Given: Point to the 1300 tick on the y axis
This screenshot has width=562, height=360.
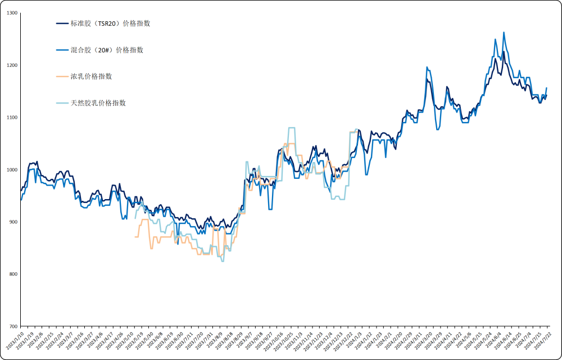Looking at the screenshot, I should (x=11, y=13).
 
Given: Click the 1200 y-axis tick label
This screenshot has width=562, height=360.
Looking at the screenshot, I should (x=11, y=65).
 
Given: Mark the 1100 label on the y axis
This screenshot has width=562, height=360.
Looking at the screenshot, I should (x=11, y=118).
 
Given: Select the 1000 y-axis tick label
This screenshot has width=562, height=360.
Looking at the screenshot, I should (x=11, y=170).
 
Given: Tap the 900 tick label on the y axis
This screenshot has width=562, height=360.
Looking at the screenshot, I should (x=12, y=222).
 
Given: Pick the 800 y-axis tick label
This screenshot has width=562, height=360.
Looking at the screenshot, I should (x=12, y=274).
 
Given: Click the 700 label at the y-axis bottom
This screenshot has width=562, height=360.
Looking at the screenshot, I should (x=12, y=326).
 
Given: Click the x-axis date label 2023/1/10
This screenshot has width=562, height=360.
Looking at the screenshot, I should (x=13, y=341).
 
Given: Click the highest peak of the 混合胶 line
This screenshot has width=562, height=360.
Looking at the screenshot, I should (x=504, y=33).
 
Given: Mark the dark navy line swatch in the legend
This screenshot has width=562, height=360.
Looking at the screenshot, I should (x=62, y=24).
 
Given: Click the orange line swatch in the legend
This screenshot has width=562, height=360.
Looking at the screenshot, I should (x=62, y=76).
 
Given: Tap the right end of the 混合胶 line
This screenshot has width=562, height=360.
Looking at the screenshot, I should (x=547, y=88).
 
